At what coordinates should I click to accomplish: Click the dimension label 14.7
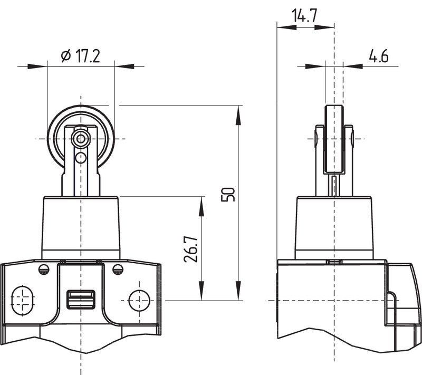click(x=304, y=16)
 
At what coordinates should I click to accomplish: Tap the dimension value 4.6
click(x=379, y=56)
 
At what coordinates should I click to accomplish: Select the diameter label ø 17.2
click(x=81, y=56)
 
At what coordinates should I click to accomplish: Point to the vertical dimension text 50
click(x=228, y=195)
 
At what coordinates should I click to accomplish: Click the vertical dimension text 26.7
click(x=190, y=249)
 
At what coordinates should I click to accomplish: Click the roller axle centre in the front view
click(x=80, y=139)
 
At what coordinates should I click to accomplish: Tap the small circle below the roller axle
click(x=81, y=158)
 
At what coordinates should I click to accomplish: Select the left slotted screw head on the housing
click(x=44, y=269)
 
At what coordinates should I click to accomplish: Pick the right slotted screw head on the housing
click(x=118, y=269)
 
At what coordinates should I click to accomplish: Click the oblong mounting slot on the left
click(x=23, y=300)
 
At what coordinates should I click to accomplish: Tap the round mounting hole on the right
click(x=139, y=300)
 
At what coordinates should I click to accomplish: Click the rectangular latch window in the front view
click(x=81, y=300)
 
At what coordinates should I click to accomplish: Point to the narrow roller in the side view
click(x=334, y=139)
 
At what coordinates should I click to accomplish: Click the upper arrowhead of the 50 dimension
click(x=238, y=115)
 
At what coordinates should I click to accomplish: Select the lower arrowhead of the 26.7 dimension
click(x=202, y=291)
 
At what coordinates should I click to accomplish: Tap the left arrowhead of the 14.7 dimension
click(x=286, y=27)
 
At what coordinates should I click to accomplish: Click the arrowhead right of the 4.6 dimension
click(x=353, y=66)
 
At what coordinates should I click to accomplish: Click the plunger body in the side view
click(x=334, y=228)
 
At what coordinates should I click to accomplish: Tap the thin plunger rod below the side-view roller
click(x=334, y=186)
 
